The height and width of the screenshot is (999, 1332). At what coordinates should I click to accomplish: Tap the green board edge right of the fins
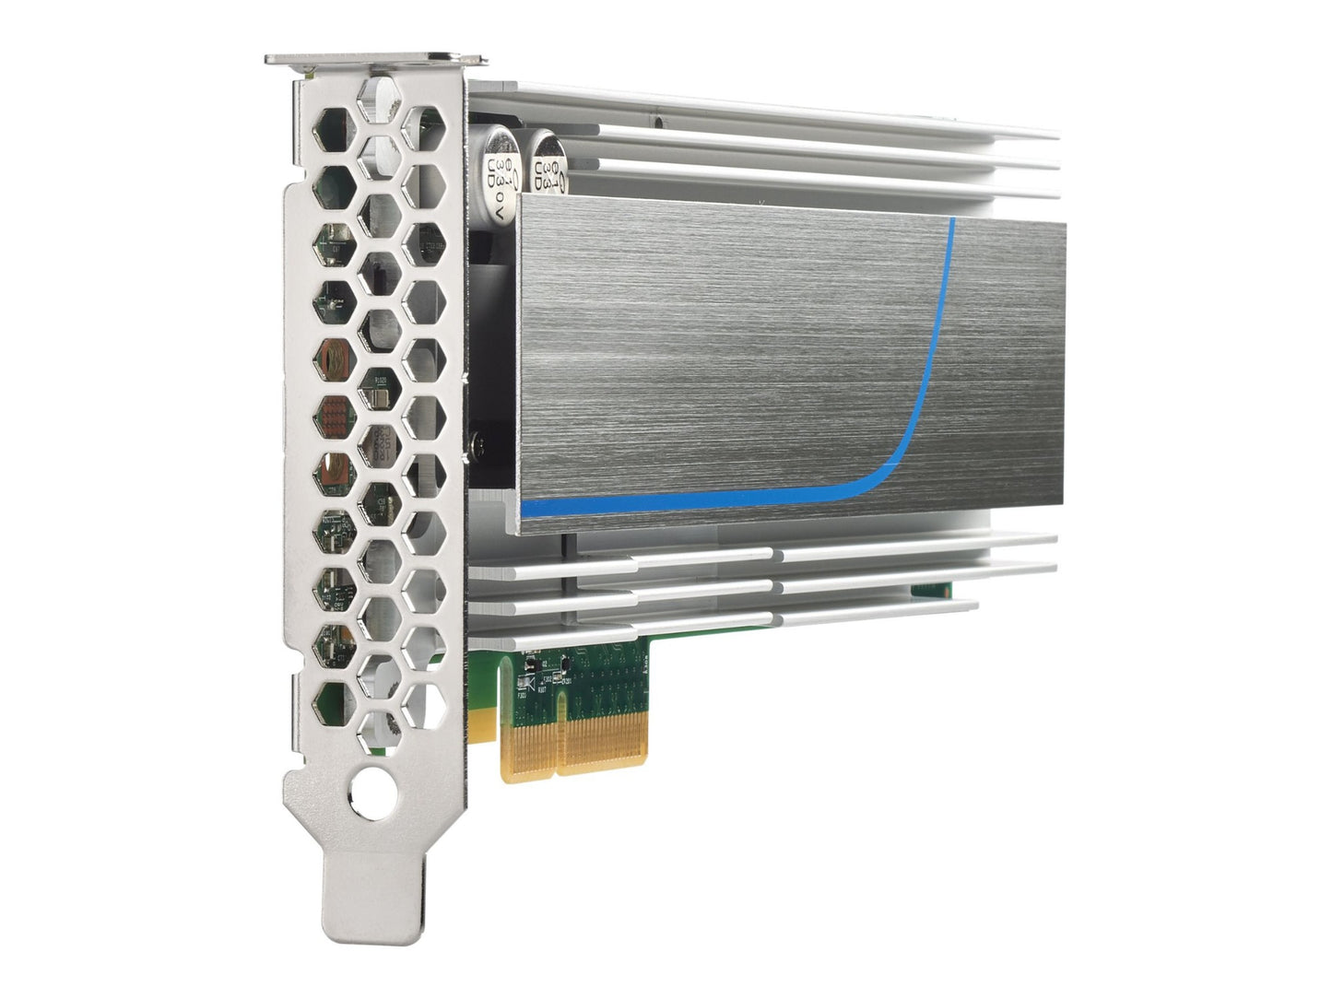point(931,589)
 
